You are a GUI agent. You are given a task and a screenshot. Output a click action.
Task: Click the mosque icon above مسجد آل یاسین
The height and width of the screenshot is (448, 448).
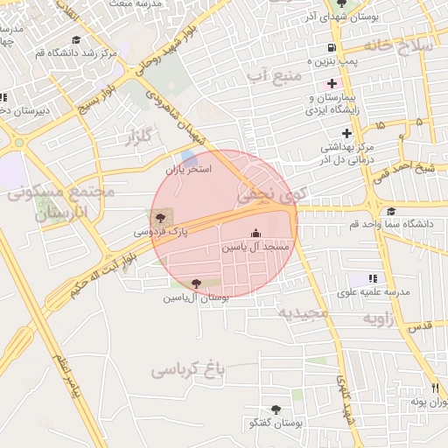(255, 233)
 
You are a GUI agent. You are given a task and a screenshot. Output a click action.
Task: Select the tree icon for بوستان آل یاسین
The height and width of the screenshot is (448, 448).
(195, 283)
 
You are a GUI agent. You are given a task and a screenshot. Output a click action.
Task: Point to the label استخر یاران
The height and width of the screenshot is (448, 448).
(190, 169)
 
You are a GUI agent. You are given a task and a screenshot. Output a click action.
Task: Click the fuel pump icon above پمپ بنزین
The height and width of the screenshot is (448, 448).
(330, 48)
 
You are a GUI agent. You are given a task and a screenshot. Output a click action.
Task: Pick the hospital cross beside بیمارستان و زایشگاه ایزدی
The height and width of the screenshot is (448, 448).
(332, 82)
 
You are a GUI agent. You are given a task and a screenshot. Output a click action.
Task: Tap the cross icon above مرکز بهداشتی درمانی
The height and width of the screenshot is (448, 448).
(347, 133)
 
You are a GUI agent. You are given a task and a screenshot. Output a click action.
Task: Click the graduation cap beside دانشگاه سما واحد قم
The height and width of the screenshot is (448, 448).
(390, 211)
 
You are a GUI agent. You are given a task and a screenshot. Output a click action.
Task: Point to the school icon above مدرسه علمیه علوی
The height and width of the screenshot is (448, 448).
(374, 277)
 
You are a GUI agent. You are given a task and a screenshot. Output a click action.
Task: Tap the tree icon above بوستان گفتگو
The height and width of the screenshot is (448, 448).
(276, 409)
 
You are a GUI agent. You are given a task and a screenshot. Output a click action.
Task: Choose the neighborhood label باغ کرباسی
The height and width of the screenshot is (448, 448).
(188, 369)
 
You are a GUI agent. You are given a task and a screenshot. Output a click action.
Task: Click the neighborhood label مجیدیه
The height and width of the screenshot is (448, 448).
(303, 311)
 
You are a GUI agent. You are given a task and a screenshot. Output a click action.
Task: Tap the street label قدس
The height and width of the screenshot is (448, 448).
(421, 325)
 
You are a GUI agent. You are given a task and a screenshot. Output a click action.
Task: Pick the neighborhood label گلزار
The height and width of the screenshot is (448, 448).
(138, 135)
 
